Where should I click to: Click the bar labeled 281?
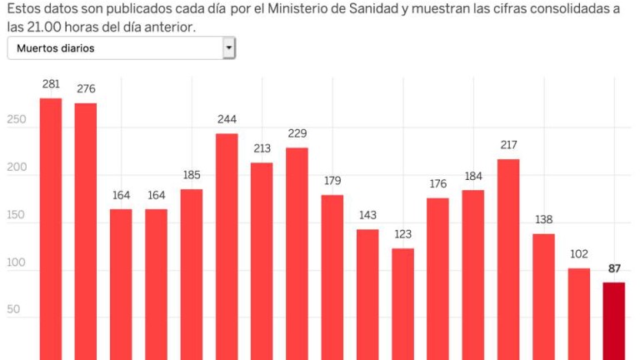click(51, 229)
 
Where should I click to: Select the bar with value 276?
click(86, 232)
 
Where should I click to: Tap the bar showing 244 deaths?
click(227, 247)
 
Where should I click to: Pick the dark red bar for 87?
click(613, 321)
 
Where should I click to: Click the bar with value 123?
click(402, 304)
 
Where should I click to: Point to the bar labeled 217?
click(508, 259)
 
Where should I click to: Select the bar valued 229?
click(297, 253)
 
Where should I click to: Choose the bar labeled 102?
click(578, 313)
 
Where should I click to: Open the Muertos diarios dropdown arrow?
click(228, 48)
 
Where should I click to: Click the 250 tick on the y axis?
click(17, 119)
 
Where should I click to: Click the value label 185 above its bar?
click(192, 176)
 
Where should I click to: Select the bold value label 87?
click(614, 268)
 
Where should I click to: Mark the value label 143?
click(367, 215)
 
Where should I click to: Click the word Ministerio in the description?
click(305, 8)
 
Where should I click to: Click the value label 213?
click(262, 148)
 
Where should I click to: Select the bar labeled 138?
click(543, 297)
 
